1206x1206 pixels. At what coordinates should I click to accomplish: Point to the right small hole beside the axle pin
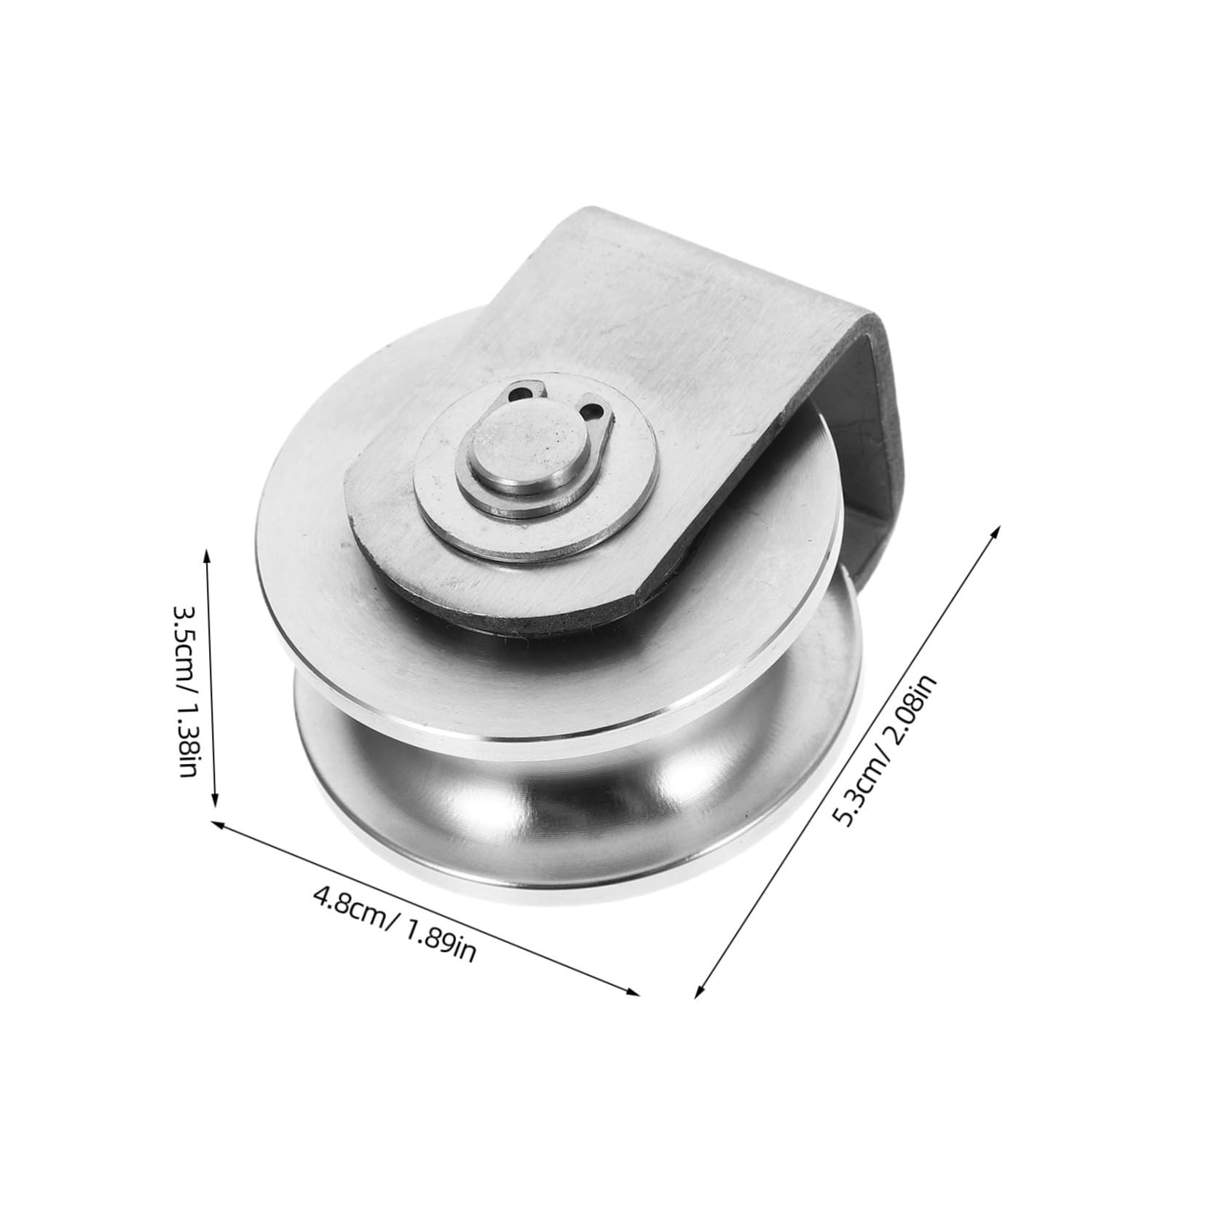(596, 410)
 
